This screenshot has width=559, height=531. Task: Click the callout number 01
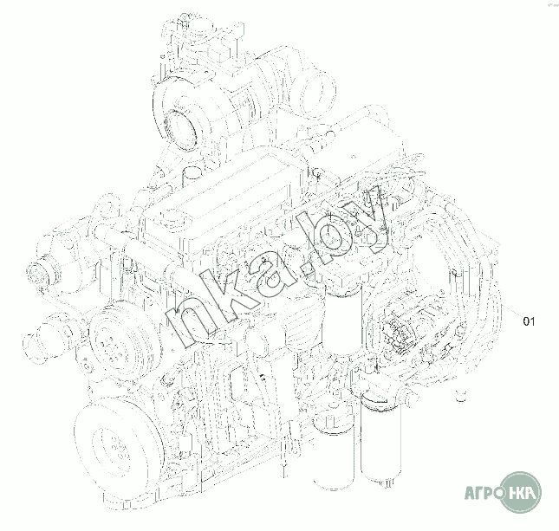click(x=529, y=321)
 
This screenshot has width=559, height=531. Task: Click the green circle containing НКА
click(x=521, y=492)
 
